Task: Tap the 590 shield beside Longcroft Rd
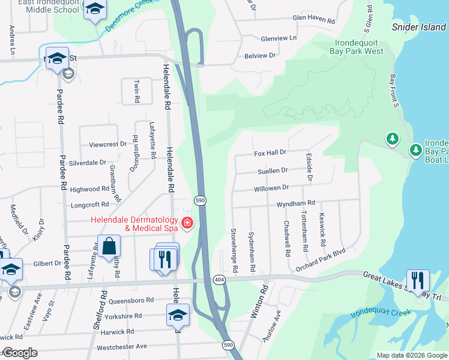click(x=200, y=200)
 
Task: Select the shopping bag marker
click(x=109, y=247)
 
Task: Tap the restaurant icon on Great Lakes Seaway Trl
click(x=417, y=280)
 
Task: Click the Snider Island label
click(x=418, y=27)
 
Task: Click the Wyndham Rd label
click(x=295, y=204)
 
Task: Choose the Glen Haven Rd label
click(x=313, y=20)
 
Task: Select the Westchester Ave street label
click(x=122, y=346)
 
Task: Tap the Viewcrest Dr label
click(x=107, y=144)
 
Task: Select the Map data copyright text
click(x=411, y=355)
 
